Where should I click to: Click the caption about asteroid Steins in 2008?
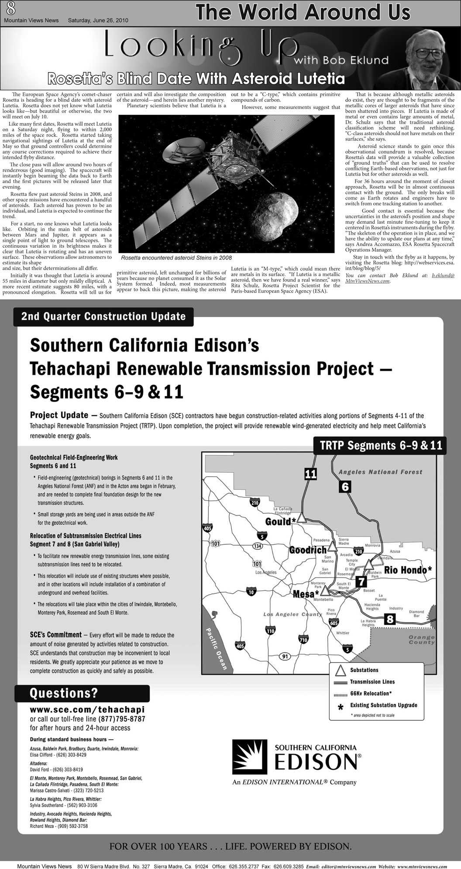pos(176,258)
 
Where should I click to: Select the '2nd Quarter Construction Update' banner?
pos(103,316)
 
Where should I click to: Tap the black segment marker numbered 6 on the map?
pos(345,487)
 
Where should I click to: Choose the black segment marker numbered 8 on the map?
pos(389,619)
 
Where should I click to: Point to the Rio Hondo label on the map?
pos(408,570)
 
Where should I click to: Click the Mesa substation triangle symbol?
pos(325,592)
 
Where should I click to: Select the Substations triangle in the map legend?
pos(339,670)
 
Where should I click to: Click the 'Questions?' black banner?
pos(82,693)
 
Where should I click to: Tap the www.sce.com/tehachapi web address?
pos(87,710)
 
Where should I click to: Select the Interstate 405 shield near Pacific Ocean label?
pos(240,645)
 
